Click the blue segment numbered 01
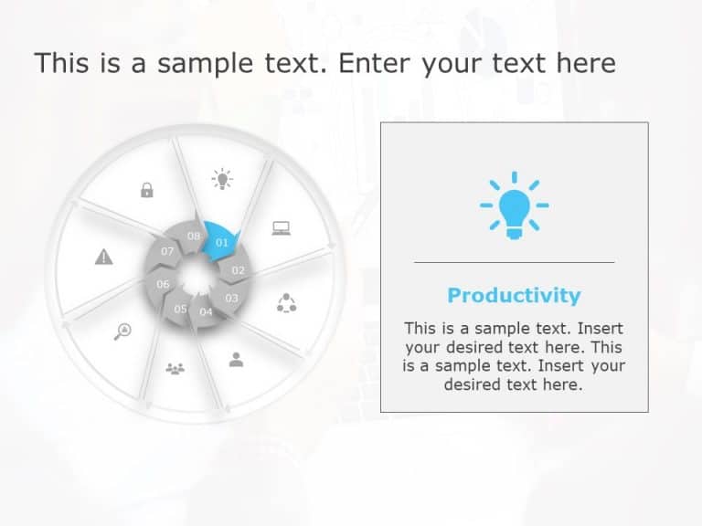(222, 242)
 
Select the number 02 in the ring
(239, 270)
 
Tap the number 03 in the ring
(231, 298)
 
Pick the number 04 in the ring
(206, 312)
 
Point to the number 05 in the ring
(180, 309)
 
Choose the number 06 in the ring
(163, 284)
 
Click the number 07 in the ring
(167, 251)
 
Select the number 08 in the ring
(194, 236)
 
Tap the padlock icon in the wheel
(146, 190)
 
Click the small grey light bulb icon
(221, 178)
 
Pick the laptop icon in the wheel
(281, 228)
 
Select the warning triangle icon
(104, 258)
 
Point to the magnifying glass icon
(122, 331)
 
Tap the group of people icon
(175, 369)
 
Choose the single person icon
(236, 359)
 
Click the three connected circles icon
(287, 303)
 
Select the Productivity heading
(514, 295)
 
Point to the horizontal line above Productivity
(514, 262)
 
